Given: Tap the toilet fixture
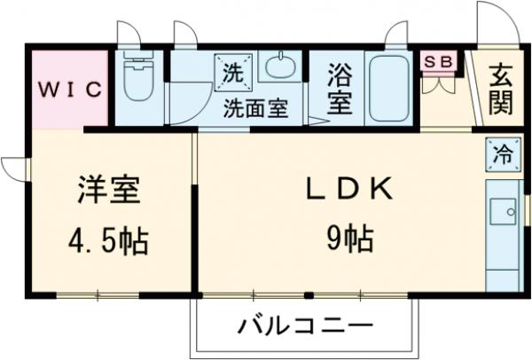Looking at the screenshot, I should (x=139, y=81).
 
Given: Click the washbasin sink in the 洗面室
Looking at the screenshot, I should (x=280, y=68).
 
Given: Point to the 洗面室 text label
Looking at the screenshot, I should (x=255, y=109).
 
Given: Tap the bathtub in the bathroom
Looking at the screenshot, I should (x=388, y=88).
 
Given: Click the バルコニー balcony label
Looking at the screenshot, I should (x=304, y=325).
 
